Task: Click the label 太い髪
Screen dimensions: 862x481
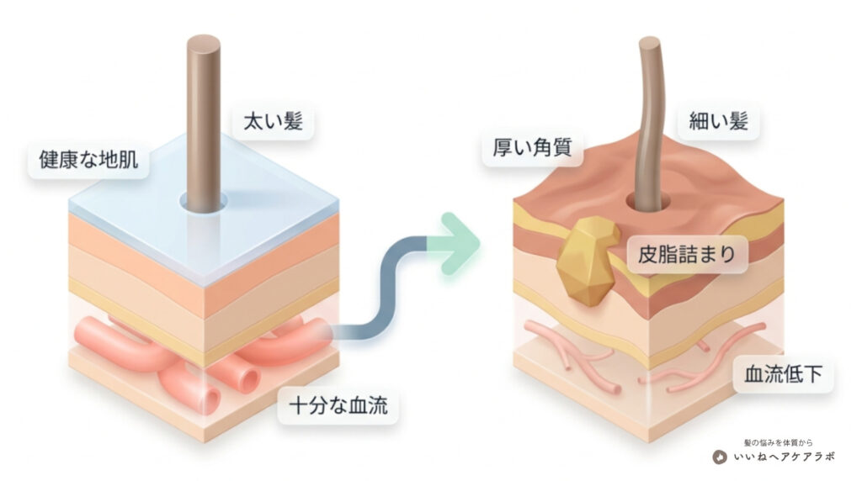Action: [x=273, y=121]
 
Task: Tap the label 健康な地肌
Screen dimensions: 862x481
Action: [x=88, y=159]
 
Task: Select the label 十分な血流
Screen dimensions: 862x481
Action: [x=338, y=406]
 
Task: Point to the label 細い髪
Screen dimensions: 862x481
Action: [x=719, y=121]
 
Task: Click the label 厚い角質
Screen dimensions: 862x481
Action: [x=532, y=147]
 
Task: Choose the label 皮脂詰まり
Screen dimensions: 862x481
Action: [x=687, y=254]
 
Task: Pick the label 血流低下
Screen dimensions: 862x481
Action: [x=783, y=374]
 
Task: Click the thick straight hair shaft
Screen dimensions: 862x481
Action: [x=204, y=124]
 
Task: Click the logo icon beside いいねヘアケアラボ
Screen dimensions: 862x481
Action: [x=720, y=457]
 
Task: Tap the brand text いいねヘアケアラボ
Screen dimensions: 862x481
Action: [x=784, y=457]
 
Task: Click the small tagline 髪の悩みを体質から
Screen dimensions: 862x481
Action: [x=778, y=442]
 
